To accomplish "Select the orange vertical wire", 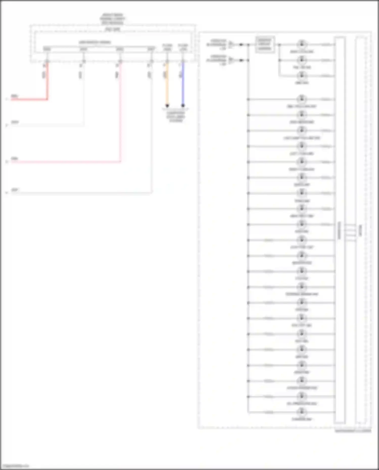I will point(167,85).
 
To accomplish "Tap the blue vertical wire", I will point(183,85).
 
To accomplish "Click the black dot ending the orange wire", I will point(167,105).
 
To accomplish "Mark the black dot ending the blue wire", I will point(183,105).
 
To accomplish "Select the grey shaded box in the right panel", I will point(265,44).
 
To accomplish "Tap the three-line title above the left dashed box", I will point(112,19).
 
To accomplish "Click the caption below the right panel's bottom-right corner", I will point(353,431).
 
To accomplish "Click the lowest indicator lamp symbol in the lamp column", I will point(301,412).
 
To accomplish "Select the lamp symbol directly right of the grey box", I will point(301,44).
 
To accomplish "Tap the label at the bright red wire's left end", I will point(14,96).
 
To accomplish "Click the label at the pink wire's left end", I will point(14,159).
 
